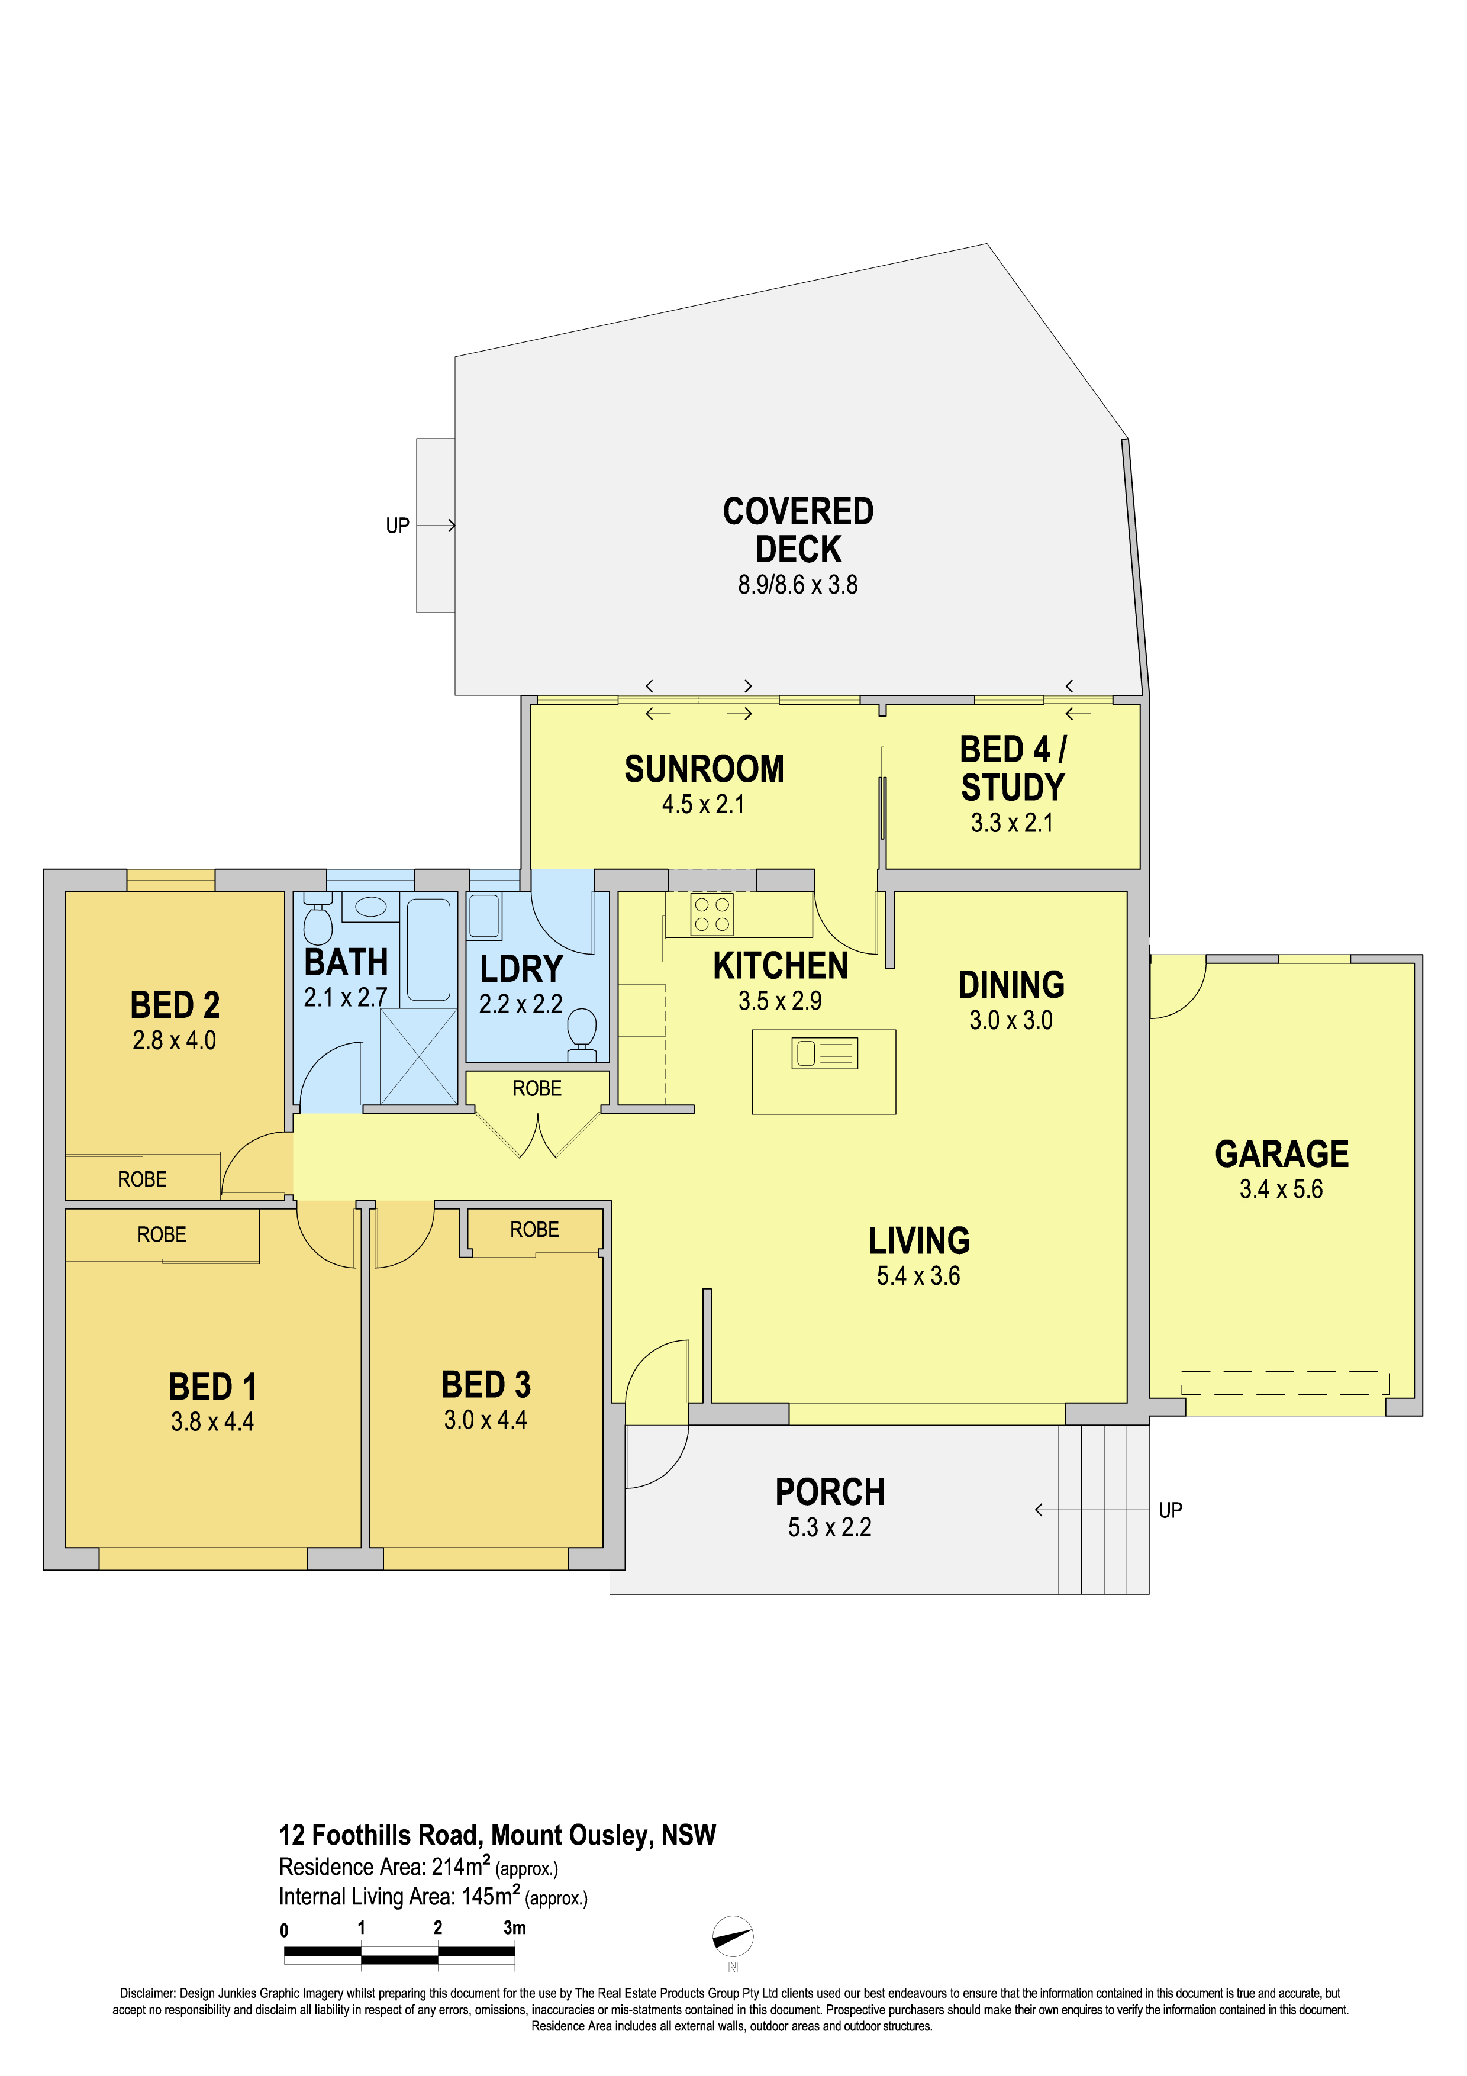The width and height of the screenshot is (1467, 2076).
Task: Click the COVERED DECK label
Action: (x=798, y=530)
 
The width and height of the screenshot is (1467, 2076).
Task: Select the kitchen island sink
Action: (x=824, y=1053)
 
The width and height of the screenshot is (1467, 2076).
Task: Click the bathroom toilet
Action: (x=317, y=918)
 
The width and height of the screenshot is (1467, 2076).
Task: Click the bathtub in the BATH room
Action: (x=428, y=949)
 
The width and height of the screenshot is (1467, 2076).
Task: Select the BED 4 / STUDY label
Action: (x=1013, y=769)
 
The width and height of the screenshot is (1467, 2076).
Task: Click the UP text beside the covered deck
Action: (x=398, y=526)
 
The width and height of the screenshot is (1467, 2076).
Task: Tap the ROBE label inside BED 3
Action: (x=534, y=1230)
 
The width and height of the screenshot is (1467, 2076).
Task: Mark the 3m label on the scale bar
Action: (x=514, y=1927)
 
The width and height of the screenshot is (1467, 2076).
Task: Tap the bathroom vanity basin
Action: (x=370, y=907)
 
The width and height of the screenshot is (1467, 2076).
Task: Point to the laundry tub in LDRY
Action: (x=485, y=916)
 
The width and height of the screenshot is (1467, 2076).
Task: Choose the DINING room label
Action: (x=1011, y=985)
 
